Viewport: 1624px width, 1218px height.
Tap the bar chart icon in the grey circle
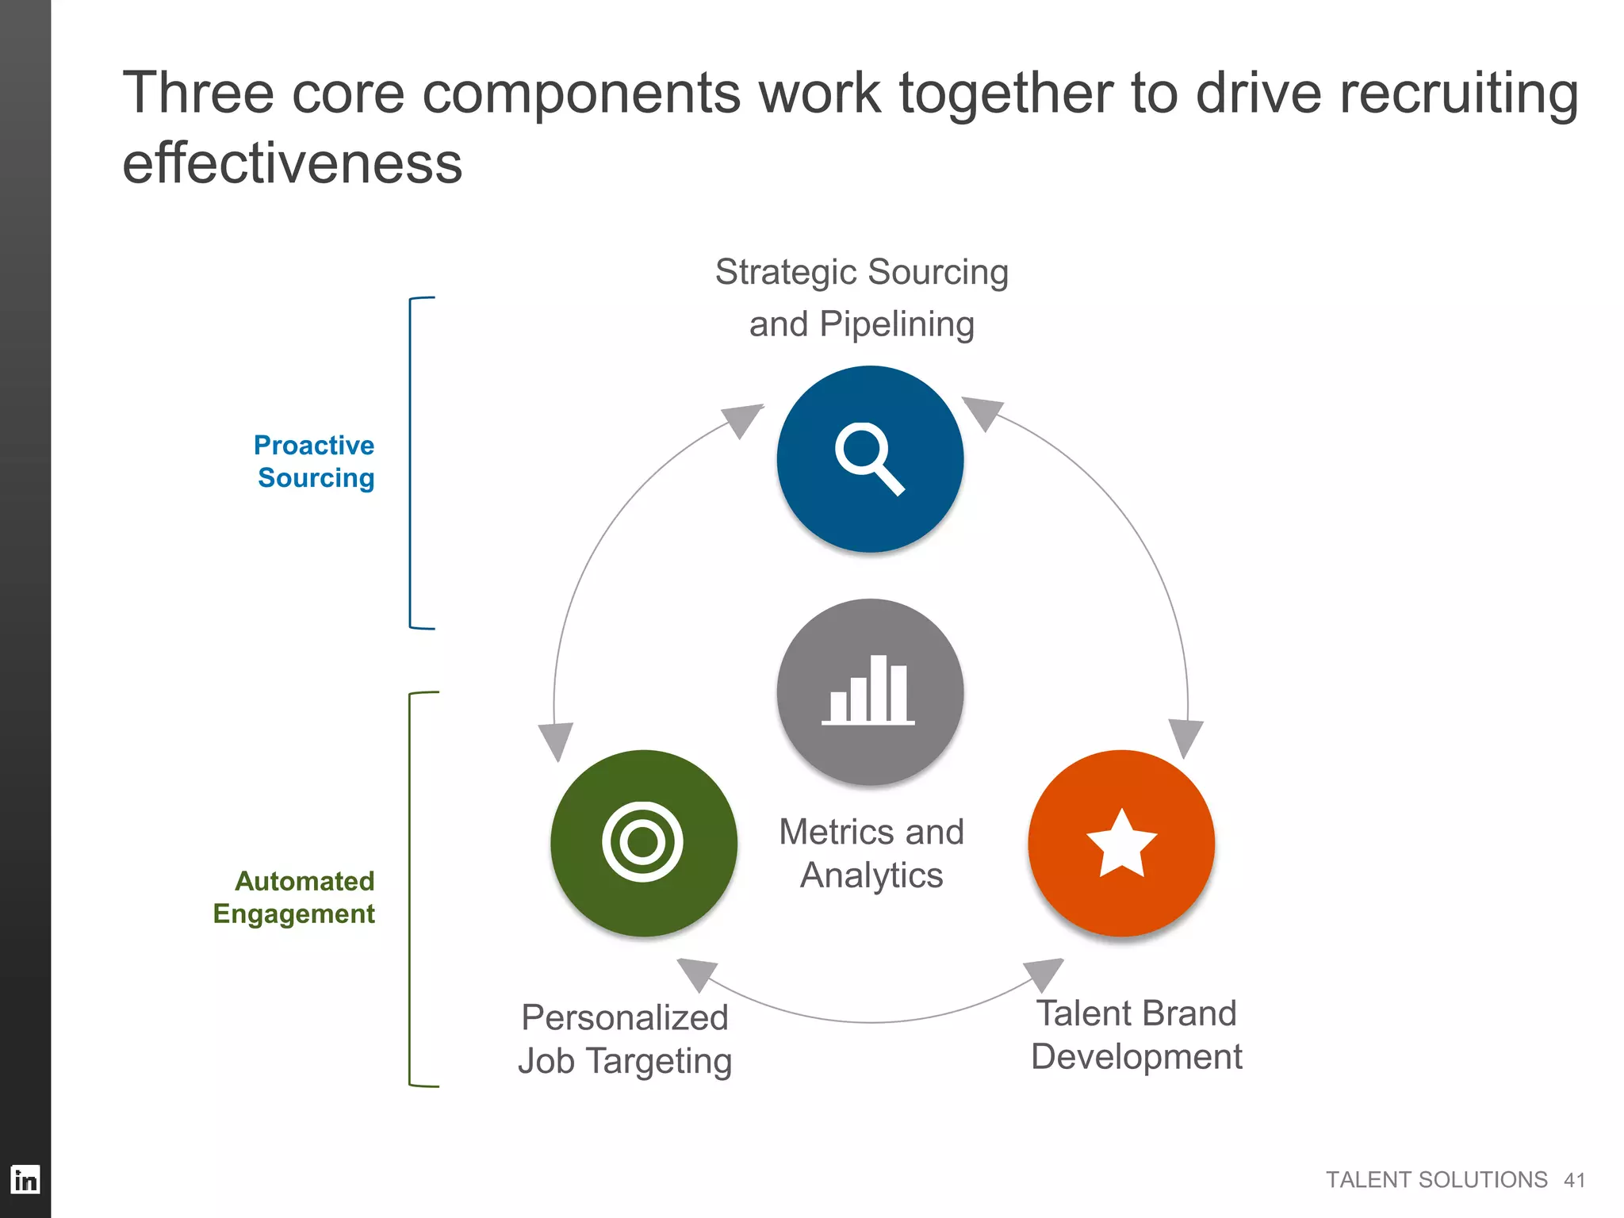tap(868, 690)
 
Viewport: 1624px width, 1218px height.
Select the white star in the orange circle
tap(1121, 843)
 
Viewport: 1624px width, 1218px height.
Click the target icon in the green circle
tap(642, 841)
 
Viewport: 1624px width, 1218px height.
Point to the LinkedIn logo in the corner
tap(25, 1179)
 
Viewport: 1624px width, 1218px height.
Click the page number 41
tap(1574, 1181)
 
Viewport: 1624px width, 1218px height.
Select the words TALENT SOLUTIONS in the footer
tap(1436, 1180)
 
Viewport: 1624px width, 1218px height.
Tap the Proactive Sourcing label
tap(315, 462)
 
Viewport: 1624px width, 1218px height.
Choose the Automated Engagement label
tap(295, 897)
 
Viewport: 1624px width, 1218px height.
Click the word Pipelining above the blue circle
tap(897, 324)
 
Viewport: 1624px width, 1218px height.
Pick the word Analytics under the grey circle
tap(871, 875)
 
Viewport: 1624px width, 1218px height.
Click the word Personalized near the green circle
tap(624, 1017)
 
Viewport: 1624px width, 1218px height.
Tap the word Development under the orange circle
tap(1136, 1057)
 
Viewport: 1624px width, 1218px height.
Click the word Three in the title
tap(198, 93)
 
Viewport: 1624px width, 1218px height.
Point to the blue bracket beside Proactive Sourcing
tap(412, 463)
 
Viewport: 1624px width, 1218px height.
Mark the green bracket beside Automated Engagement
tap(411, 888)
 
